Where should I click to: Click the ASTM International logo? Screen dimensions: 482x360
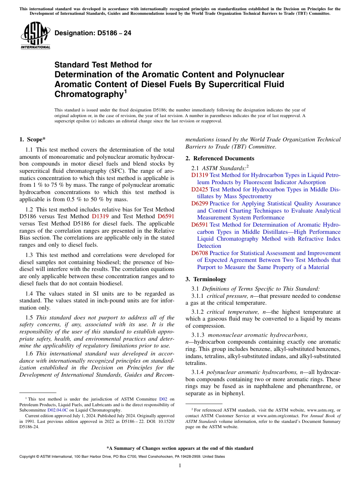pyautogui.click(x=35, y=36)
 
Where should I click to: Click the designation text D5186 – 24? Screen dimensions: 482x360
pyautogui.click(x=93, y=33)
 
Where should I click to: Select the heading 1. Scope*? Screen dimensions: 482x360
pyautogui.click(x=33, y=140)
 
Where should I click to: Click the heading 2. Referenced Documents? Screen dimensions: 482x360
pyautogui.click(x=220, y=158)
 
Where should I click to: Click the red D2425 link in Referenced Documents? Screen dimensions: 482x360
pyautogui.click(x=199, y=189)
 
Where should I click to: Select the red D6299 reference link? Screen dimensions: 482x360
pyautogui.click(x=199, y=203)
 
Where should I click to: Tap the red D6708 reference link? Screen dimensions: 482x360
pyautogui.click(x=199, y=253)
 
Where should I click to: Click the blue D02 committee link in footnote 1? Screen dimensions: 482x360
pyautogui.click(x=163, y=399)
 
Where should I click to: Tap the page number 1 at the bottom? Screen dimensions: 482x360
pyautogui.click(x=180, y=466)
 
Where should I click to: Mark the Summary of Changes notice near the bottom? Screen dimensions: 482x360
pyautogui.click(x=180, y=448)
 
